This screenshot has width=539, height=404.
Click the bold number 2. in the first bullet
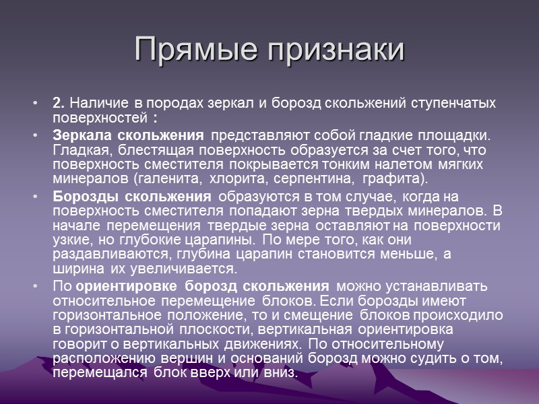pyautogui.click(x=59, y=104)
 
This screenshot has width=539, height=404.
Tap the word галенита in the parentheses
pyautogui.click(x=168, y=179)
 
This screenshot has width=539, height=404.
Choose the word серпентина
pyautogui.click(x=322, y=179)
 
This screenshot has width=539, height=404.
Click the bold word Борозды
pyautogui.click(x=81, y=197)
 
